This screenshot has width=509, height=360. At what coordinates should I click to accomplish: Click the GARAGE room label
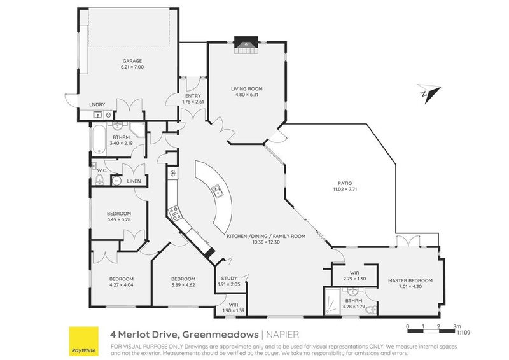[133, 62]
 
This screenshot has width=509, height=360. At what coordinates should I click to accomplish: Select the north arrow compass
[426, 93]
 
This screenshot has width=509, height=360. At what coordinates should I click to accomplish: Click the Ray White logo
[85, 340]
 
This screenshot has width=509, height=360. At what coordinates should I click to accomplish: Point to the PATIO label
[342, 183]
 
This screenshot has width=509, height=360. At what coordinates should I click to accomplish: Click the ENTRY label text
[193, 96]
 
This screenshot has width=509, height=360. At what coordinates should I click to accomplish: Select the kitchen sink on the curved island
[217, 189]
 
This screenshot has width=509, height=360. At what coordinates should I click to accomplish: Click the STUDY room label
[228, 278]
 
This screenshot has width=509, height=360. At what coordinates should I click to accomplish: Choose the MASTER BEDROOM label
[410, 280]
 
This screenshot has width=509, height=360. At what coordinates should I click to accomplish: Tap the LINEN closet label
[134, 182]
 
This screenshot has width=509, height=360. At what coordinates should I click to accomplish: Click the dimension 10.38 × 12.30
[266, 242]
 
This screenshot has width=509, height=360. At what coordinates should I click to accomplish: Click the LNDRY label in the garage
[97, 105]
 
